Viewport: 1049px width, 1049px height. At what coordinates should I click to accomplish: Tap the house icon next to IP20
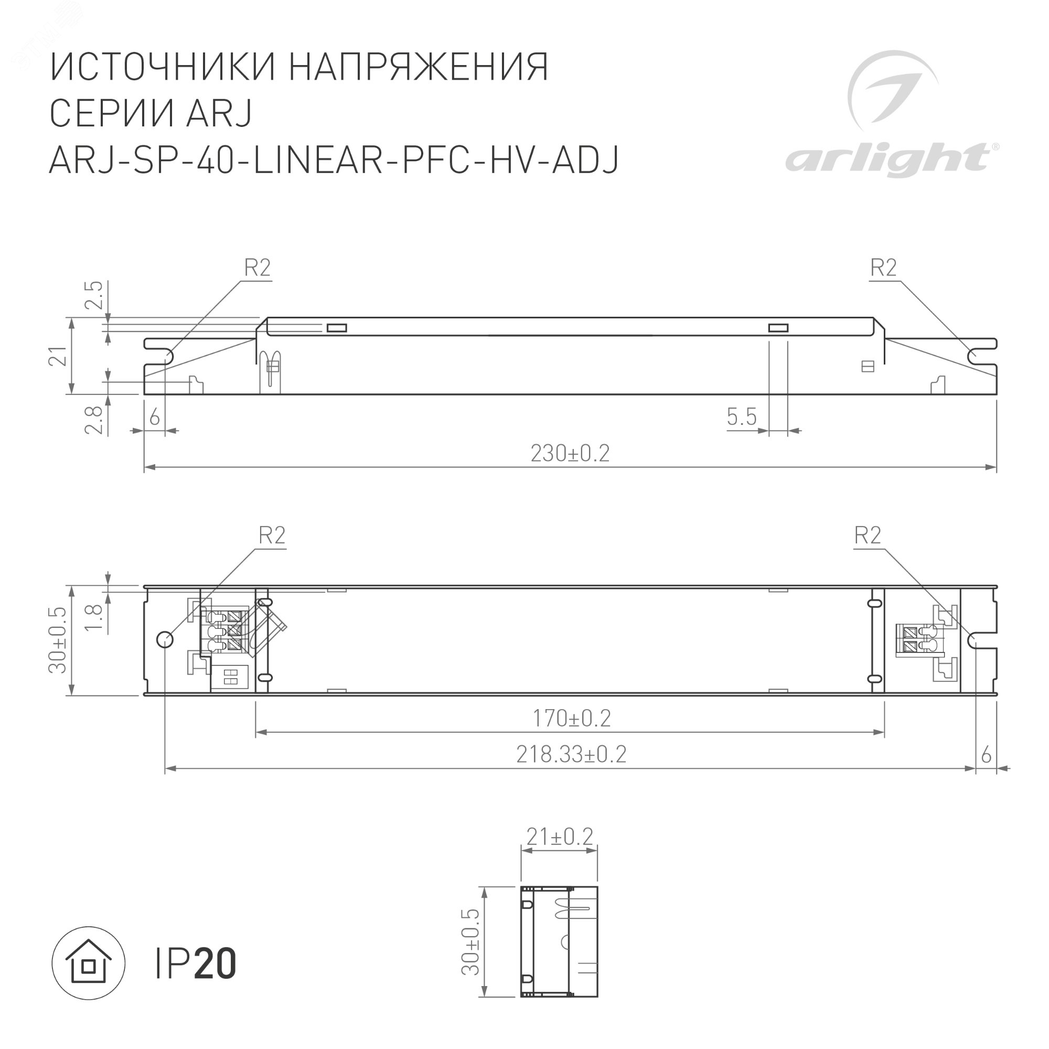[89, 963]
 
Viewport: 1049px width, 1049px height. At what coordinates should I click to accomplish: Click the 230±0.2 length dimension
[570, 453]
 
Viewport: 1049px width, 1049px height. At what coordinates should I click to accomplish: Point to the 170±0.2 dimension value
[571, 719]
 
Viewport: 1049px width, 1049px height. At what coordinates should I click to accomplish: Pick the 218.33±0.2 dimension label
[571, 754]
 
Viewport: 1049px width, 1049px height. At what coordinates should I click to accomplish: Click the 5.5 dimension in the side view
[741, 417]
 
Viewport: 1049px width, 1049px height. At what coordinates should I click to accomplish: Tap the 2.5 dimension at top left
[94, 295]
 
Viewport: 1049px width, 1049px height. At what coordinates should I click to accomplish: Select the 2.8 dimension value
[94, 420]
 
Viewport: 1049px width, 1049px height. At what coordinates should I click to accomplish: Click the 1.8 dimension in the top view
[94, 617]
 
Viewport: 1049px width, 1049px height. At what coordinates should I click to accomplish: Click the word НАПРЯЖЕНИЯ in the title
[418, 67]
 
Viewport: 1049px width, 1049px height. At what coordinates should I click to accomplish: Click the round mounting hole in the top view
[165, 639]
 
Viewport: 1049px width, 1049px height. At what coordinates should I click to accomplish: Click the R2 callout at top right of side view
[883, 267]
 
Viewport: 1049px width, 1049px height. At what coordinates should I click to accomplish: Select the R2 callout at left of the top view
[272, 536]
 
